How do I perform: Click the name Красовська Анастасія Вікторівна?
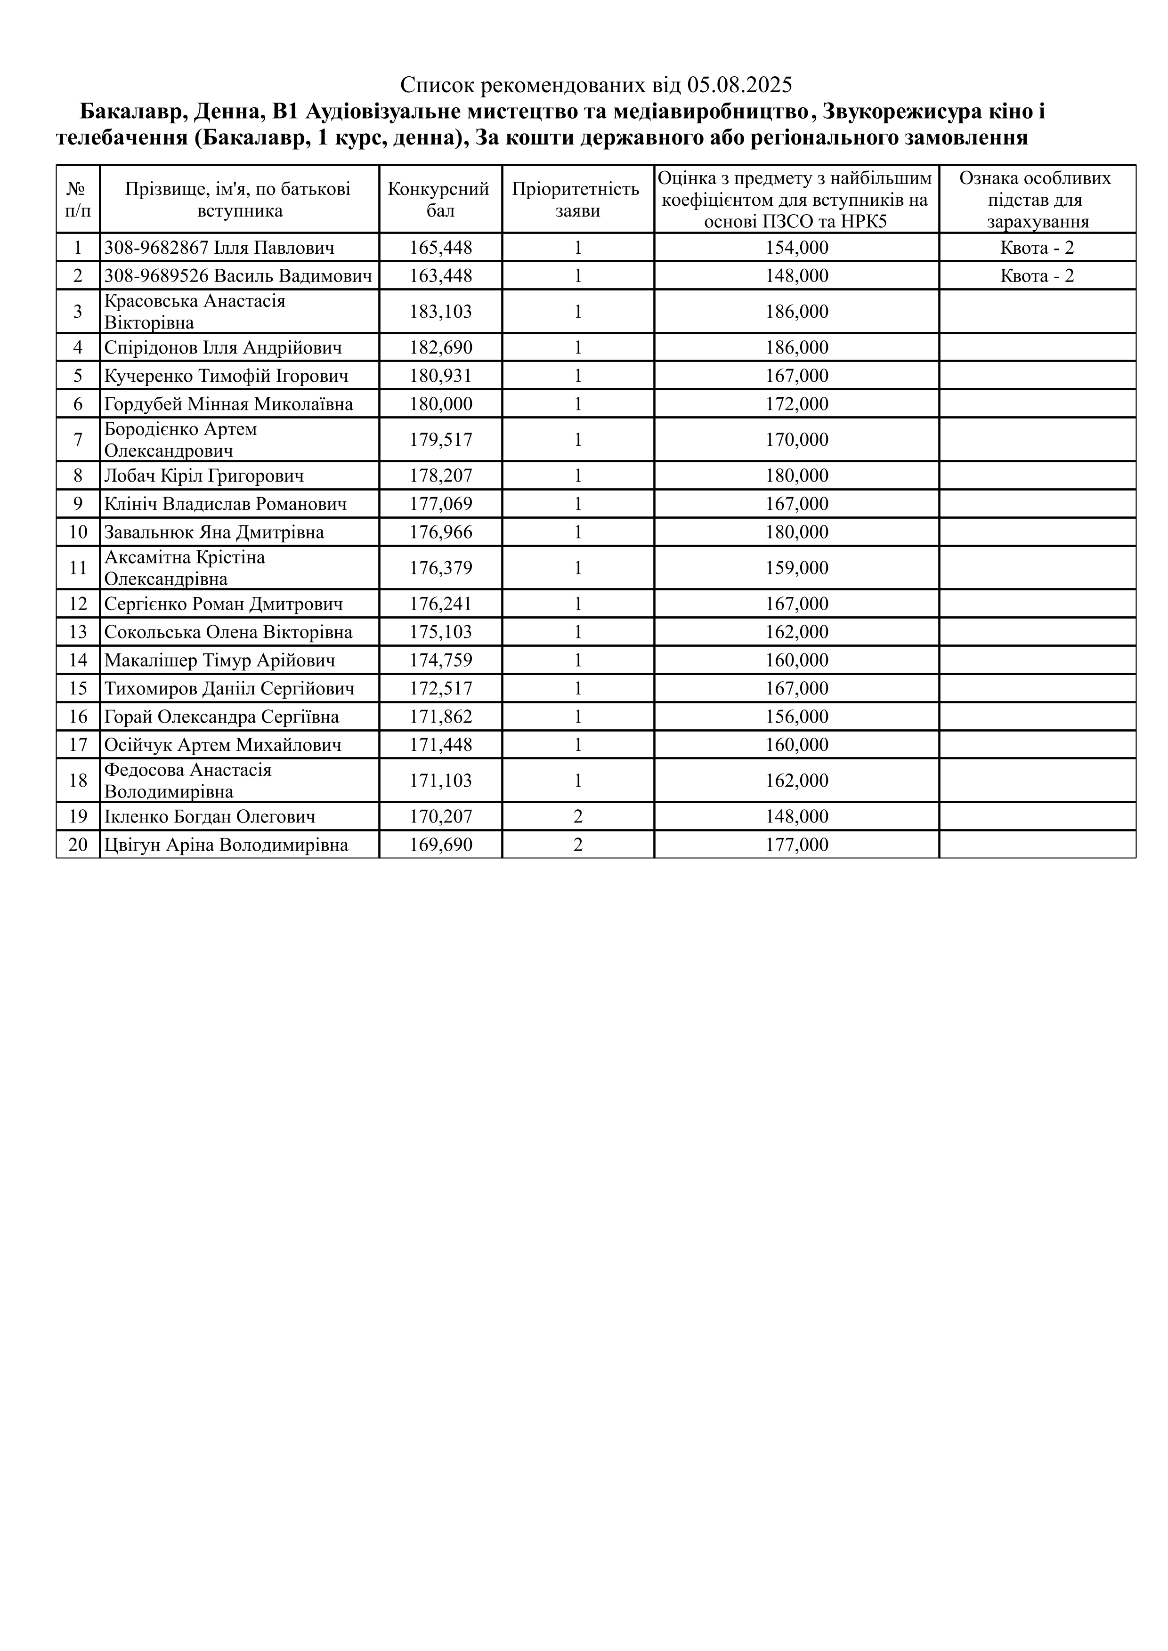point(195,311)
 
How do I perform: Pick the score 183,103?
point(441,311)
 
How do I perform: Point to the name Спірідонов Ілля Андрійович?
point(223,348)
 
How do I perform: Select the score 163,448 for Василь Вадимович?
point(441,276)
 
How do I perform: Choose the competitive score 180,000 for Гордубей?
point(441,404)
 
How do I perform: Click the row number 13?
point(78,632)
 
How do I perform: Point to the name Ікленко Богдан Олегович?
point(210,817)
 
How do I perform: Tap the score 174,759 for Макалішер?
point(441,660)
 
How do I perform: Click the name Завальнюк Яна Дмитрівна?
point(214,532)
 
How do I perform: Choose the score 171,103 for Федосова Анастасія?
point(441,781)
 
